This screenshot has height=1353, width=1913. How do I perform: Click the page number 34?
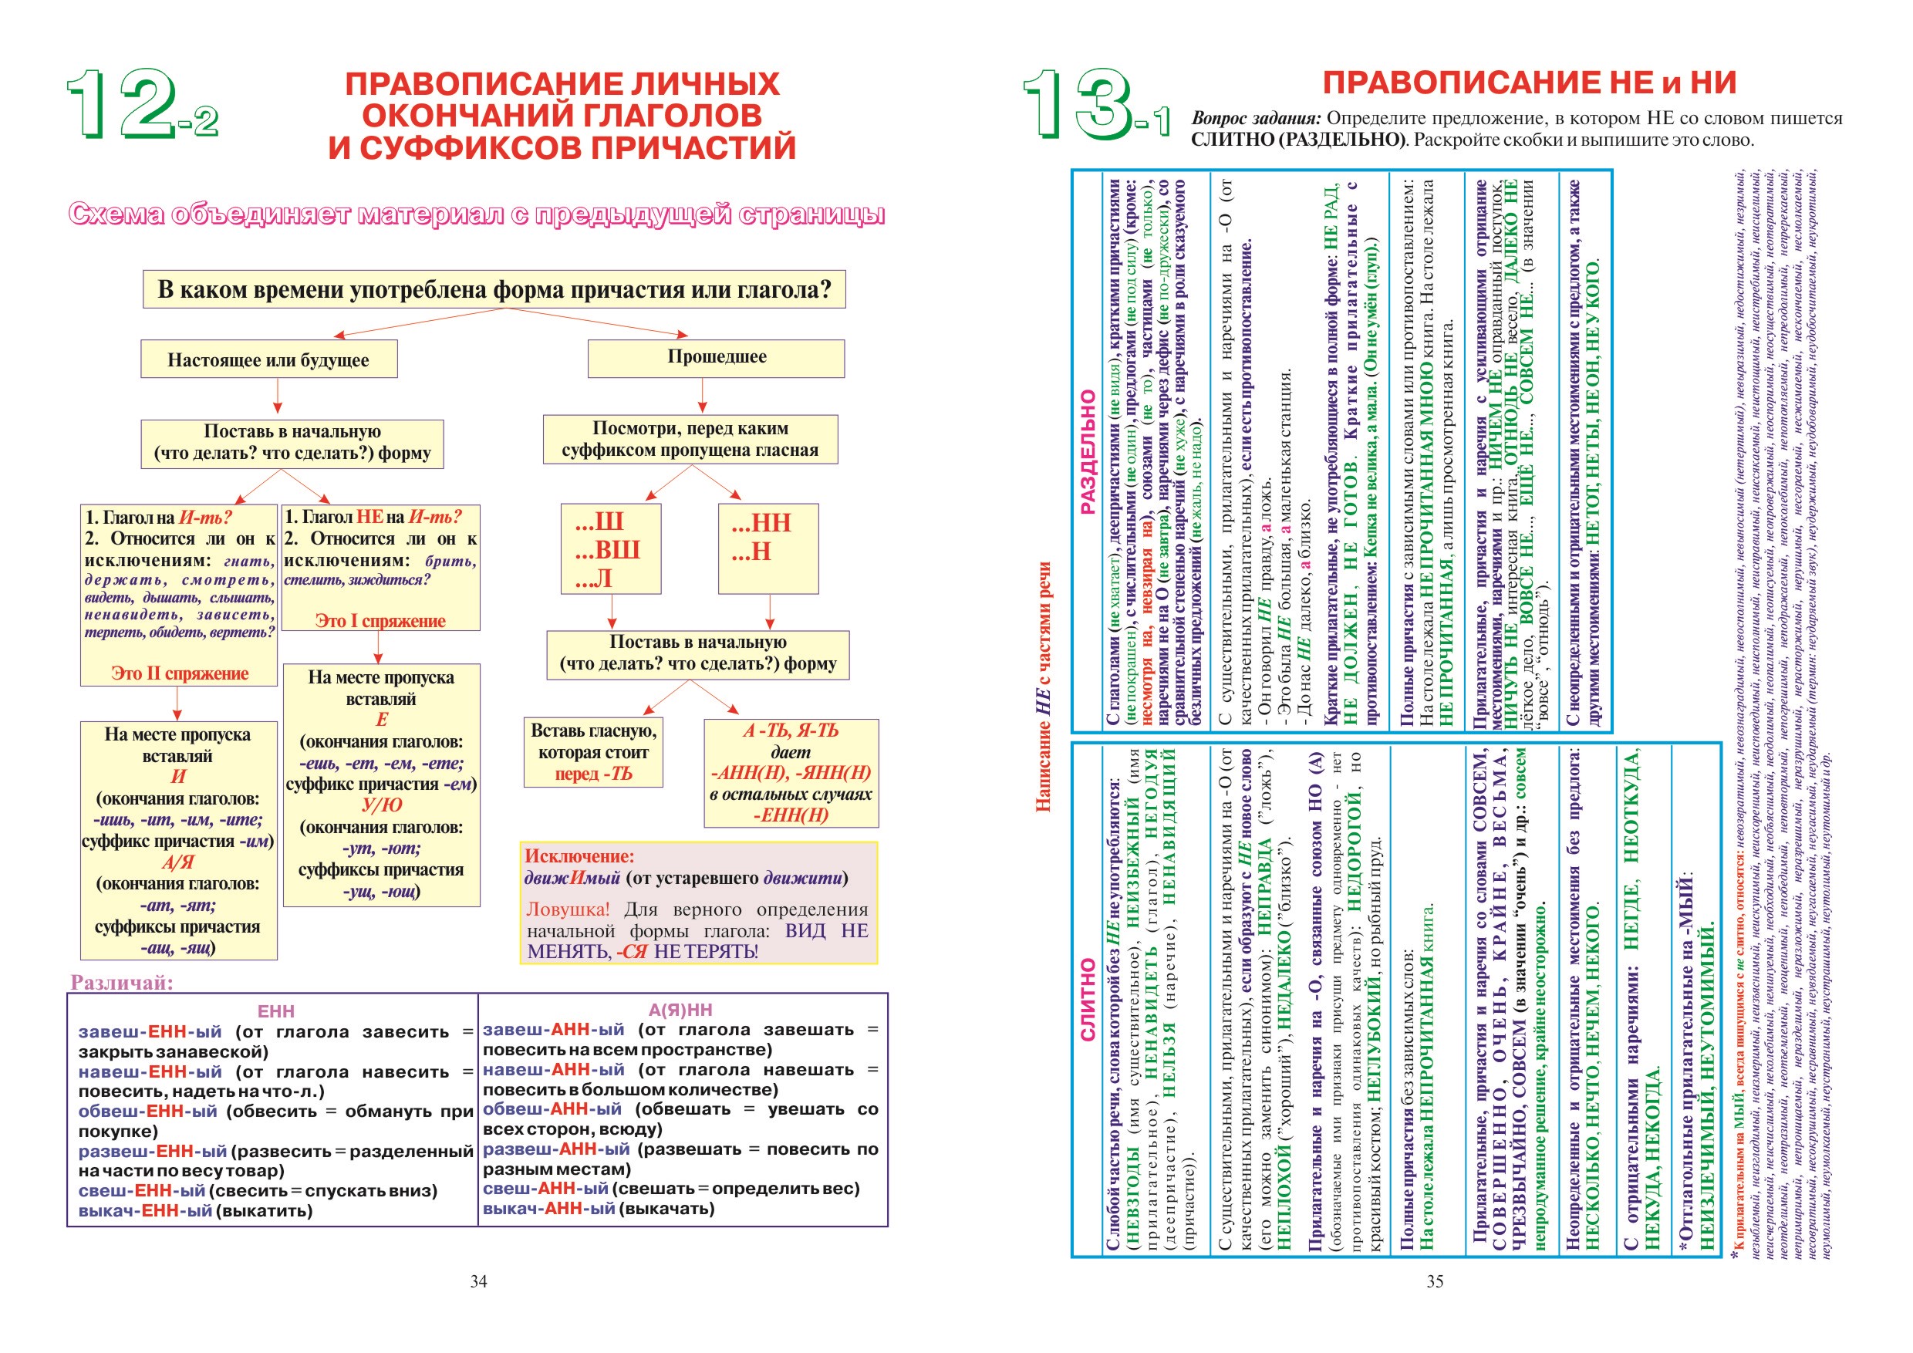pyautogui.click(x=478, y=1281)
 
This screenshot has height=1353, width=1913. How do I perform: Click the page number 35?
pyautogui.click(x=1434, y=1281)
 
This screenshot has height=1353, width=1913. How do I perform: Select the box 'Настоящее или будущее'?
pyautogui.click(x=268, y=359)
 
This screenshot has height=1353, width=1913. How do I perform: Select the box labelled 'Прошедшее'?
pyautogui.click(x=716, y=357)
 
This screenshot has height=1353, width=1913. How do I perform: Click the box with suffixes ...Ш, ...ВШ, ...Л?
pyautogui.click(x=610, y=548)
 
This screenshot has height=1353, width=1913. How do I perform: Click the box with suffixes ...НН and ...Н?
pyautogui.click(x=768, y=548)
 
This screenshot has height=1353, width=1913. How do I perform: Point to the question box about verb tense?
pyautogui.click(x=494, y=289)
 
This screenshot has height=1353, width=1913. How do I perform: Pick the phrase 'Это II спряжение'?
pyautogui.click(x=179, y=673)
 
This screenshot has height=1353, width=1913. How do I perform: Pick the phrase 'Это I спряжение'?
pyautogui.click(x=380, y=621)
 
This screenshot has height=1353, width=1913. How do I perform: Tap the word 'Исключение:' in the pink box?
pyautogui.click(x=579, y=855)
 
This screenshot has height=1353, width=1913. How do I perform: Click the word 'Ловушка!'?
pyautogui.click(x=568, y=909)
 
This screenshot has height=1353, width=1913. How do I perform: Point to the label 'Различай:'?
pyautogui.click(x=122, y=982)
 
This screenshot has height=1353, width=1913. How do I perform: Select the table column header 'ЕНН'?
pyautogui.click(x=276, y=1011)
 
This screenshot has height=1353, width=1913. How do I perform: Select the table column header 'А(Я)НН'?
pyautogui.click(x=680, y=1010)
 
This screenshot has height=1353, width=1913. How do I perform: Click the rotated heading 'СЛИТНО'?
pyautogui.click(x=1088, y=1000)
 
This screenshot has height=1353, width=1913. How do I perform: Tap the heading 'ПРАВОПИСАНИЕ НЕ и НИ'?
pyautogui.click(x=1529, y=83)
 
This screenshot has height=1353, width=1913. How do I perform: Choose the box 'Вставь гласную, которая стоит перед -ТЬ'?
pyautogui.click(x=593, y=751)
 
